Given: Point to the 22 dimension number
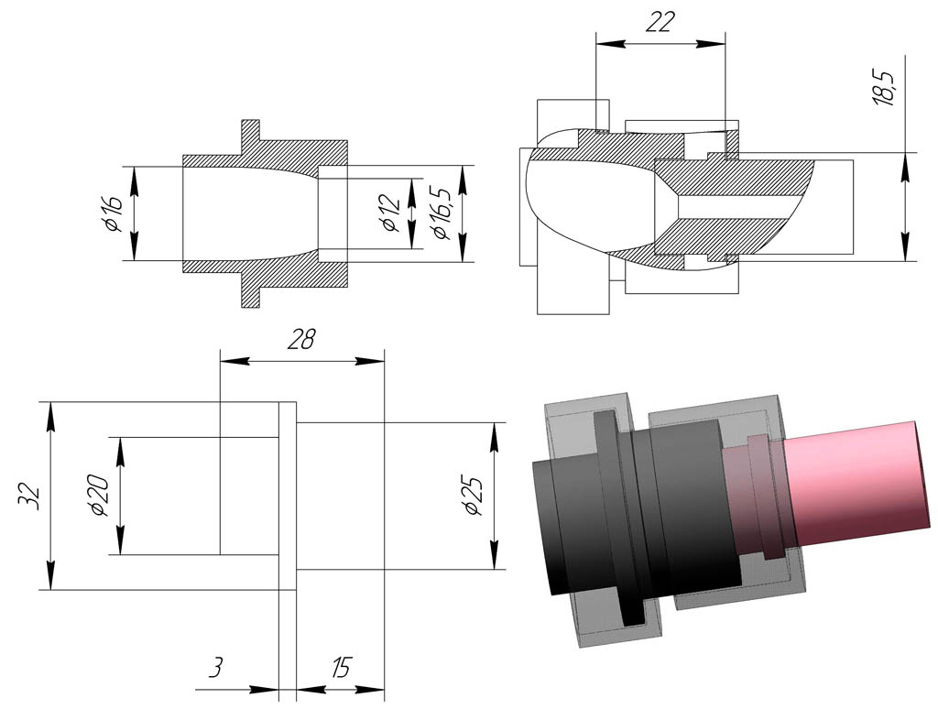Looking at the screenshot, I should (659, 21).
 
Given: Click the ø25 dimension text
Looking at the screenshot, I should (473, 496).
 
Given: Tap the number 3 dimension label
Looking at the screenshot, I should (216, 668).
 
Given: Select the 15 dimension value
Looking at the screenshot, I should (340, 668).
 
